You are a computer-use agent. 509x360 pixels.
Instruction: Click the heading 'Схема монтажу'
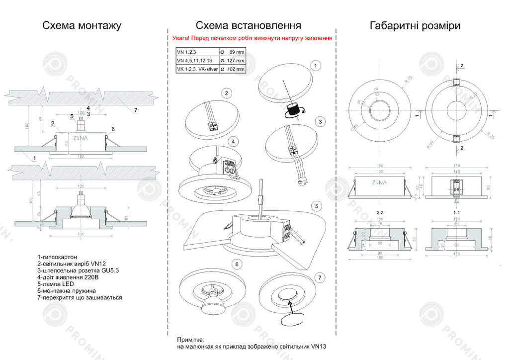coord(82,25)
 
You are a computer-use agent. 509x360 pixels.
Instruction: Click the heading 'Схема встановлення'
coord(248,25)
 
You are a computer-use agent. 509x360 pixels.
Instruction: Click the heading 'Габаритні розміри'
coord(415,25)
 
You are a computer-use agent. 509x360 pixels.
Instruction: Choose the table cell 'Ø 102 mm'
coord(233,70)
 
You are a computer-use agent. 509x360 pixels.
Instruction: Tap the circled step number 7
coord(321,277)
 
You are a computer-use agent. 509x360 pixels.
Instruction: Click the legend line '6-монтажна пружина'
coord(66,290)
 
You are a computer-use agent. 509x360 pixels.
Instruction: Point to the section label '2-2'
coord(380,212)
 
